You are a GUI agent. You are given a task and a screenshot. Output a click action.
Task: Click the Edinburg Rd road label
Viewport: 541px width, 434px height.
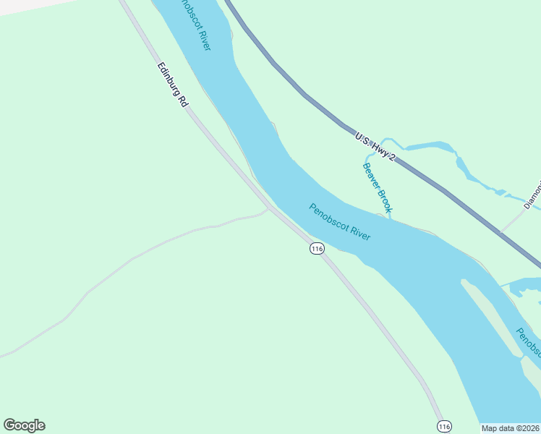[x=172, y=85]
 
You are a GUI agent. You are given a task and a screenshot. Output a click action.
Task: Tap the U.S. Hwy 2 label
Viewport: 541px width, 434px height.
[x=375, y=146]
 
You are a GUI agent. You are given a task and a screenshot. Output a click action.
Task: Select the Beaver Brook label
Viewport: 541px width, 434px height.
[x=377, y=187]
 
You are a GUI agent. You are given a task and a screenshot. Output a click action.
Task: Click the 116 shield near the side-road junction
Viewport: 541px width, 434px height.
[x=316, y=248]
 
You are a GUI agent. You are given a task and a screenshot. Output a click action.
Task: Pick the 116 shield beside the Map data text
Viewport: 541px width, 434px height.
[x=444, y=427]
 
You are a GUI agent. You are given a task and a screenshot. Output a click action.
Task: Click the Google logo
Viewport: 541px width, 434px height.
[x=24, y=425]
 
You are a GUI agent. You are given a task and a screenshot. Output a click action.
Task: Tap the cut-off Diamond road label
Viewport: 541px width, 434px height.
[x=534, y=192]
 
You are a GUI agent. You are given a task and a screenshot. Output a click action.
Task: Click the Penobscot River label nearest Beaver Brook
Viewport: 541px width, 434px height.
[x=340, y=222]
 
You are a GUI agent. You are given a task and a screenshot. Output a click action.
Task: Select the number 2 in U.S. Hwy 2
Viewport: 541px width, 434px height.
[x=391, y=158]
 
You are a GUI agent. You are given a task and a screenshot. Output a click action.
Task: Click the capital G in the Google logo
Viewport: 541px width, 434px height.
[x=9, y=425]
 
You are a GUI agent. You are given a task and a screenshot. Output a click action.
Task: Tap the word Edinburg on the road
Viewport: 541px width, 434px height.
[x=169, y=79]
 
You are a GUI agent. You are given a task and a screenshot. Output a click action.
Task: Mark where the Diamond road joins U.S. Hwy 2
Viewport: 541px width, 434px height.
[x=500, y=231]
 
